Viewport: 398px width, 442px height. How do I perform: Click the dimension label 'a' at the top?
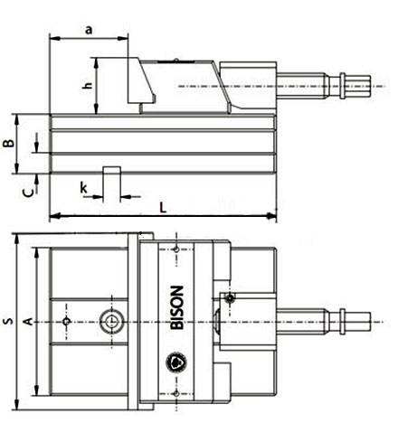pos(89,30)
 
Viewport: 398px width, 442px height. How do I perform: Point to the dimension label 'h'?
pos(88,85)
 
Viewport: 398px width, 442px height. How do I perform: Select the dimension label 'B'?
pos(9,143)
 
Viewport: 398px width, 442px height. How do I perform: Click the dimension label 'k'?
pos(83,188)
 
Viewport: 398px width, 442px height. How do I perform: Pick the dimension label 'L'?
pos(163,207)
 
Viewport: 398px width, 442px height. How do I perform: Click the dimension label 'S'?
pos(8,321)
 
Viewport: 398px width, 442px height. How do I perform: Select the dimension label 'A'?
pos(28,322)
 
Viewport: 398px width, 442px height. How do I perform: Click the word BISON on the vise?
pos(177,307)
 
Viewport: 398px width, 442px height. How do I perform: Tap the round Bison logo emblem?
pos(176,362)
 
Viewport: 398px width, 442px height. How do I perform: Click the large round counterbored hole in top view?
pos(112,322)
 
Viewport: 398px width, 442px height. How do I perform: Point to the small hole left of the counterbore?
pos(67,322)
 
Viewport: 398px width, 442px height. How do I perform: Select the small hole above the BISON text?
pos(176,249)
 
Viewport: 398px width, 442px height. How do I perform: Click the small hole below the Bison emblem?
pos(176,393)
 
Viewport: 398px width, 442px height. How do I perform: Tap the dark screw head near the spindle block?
pos(231,298)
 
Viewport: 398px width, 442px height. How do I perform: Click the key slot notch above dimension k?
pos(112,170)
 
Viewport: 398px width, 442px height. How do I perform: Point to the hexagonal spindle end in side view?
pos(357,87)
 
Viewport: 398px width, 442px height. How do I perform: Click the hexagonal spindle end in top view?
pos(357,322)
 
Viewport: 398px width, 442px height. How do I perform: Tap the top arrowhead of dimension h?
pos(96,62)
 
